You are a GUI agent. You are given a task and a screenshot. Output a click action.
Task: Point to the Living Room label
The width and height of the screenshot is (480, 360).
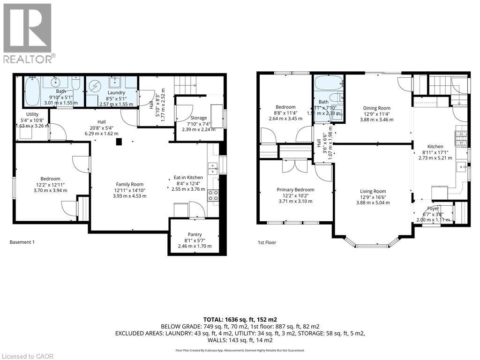(x=373, y=191)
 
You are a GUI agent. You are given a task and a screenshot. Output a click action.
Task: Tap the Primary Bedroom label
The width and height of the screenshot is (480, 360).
(x=295, y=190)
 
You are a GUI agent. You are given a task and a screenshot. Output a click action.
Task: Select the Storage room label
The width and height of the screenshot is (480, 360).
(x=199, y=118)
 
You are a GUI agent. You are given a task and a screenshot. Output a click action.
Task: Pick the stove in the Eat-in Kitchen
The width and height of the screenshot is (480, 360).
(x=213, y=195)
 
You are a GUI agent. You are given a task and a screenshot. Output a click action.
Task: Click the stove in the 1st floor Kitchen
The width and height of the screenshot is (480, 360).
(x=459, y=136)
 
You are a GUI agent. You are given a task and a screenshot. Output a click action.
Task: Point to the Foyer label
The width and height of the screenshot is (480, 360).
(x=433, y=210)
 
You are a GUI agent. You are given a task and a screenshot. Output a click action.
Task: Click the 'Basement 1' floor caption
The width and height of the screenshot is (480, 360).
(x=22, y=242)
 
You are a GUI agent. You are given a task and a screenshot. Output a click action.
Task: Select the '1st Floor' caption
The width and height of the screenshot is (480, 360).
(x=267, y=242)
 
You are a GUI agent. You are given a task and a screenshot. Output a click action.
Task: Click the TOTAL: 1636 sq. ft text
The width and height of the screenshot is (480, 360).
(x=240, y=318)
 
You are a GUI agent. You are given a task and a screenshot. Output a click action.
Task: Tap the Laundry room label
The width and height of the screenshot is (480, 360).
(x=116, y=93)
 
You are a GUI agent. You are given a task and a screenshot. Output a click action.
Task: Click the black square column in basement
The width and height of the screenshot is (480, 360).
(x=119, y=141)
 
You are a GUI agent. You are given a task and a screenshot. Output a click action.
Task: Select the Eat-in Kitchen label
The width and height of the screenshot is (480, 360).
(x=188, y=178)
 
